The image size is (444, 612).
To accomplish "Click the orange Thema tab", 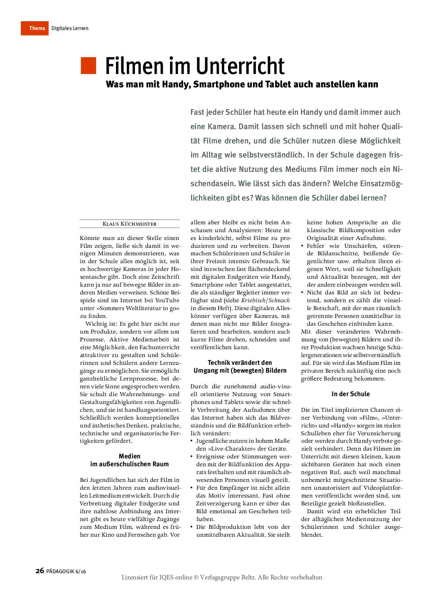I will point(35,28).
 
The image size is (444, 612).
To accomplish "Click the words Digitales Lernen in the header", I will point(70,28).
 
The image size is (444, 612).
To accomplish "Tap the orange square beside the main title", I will point(88,66).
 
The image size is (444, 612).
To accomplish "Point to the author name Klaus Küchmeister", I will point(130,224).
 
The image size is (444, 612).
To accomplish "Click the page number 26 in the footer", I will point(40,571).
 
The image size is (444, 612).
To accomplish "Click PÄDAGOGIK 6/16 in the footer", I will point(66,571).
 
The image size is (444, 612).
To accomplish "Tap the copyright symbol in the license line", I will point(196,577).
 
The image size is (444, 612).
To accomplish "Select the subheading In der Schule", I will point(351,394).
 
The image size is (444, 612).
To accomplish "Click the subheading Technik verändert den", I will point(240,363).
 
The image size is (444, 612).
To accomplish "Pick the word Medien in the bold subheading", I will point(130,456).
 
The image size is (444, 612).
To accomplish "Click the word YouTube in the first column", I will point(167,300).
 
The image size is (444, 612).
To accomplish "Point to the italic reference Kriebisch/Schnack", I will point(265,300).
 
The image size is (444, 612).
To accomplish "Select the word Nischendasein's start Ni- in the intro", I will point(397,169).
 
